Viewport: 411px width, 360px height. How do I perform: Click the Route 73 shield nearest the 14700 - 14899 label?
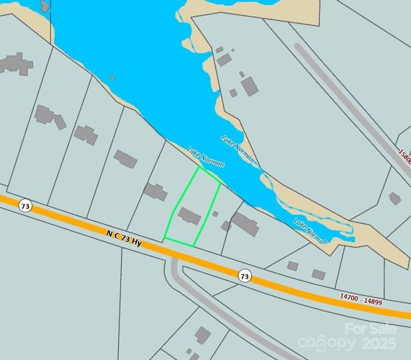(x=244, y=276)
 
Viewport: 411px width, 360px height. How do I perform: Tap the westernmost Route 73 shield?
(x=25, y=205)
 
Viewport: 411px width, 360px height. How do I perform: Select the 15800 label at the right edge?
(x=405, y=157)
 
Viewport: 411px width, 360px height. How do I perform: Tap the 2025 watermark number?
(x=379, y=344)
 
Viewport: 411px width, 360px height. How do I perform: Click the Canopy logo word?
(x=326, y=344)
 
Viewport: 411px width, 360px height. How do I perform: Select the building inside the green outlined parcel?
(x=190, y=216)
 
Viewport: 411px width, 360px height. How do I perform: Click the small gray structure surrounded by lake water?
(x=112, y=78)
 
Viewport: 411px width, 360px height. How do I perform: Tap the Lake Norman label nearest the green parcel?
(x=205, y=158)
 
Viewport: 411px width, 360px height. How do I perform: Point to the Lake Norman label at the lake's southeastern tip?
(x=310, y=231)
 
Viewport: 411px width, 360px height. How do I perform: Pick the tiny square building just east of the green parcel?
(x=215, y=214)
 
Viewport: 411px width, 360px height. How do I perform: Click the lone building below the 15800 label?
(x=395, y=198)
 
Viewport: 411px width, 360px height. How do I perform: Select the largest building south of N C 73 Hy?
(x=203, y=335)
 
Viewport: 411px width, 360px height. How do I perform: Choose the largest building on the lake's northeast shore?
(x=249, y=86)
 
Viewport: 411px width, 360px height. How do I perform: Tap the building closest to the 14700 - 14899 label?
(x=319, y=275)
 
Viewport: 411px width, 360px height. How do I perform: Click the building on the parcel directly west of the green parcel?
(x=156, y=192)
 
